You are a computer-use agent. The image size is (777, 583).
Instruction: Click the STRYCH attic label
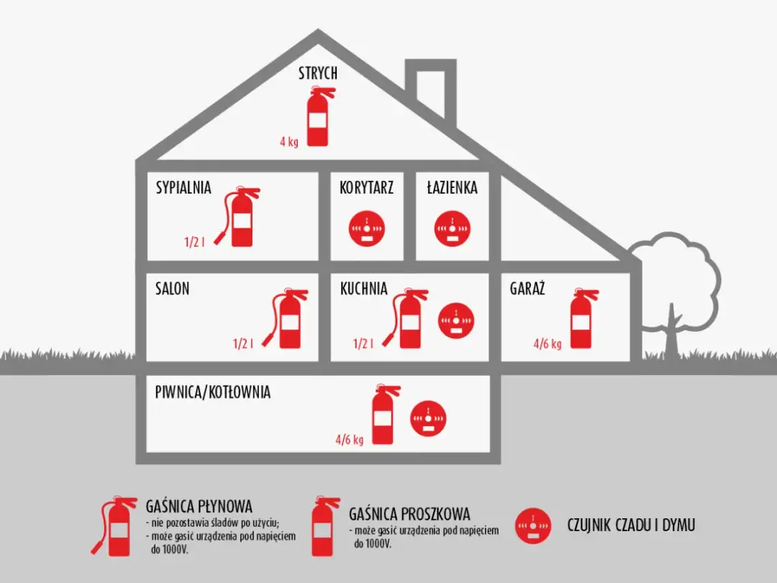pos(318,73)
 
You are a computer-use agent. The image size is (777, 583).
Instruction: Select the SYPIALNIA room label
pos(183,188)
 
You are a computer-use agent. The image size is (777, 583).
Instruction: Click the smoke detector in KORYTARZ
pos(367,228)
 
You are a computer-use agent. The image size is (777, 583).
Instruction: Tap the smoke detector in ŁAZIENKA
pos(451,228)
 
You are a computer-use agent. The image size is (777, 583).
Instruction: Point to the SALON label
pos(173,289)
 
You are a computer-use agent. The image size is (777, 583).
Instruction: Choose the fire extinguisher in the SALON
pos(287,320)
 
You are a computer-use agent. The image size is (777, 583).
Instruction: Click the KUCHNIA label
pos(364,289)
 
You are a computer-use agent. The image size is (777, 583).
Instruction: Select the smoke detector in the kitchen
pos(456,318)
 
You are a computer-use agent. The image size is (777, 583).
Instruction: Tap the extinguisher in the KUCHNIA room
pos(408,320)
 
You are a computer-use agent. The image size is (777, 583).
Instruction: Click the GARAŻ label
pos(527,289)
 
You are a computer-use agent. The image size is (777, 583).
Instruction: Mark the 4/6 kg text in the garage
pos(547,344)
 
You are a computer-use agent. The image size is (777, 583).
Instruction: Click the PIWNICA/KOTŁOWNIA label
pos(213,393)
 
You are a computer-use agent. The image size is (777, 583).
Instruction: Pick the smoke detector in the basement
pos(428,418)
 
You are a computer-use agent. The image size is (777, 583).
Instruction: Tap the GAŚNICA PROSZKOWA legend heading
pos(409,514)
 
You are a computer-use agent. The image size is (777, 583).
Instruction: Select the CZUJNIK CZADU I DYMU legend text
pos(632,525)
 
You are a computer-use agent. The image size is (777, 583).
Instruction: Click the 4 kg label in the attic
pos(289,142)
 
